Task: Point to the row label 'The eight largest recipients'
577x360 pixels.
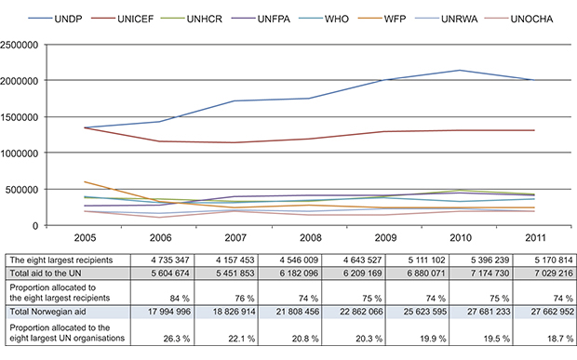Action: [x=64, y=258]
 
